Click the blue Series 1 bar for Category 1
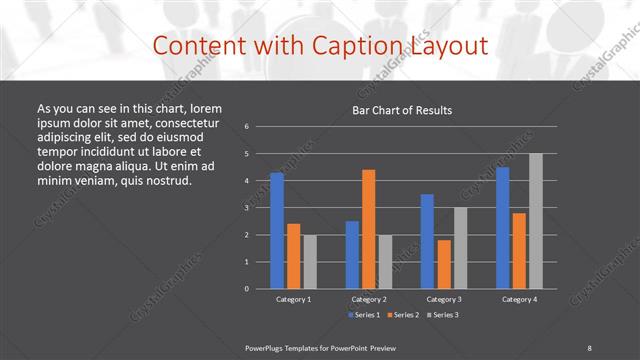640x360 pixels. pos(277,231)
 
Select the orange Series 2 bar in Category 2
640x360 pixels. pos(368,229)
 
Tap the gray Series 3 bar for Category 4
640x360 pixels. pos(535,221)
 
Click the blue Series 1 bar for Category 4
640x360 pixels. pos(502,228)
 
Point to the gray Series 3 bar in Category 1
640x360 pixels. pos(309,262)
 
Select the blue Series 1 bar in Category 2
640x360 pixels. pos(352,255)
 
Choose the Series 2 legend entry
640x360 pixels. pos(403,314)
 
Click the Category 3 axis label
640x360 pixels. pos(444,299)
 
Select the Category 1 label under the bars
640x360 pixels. pos(293,299)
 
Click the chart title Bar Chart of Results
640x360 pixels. pos(402,110)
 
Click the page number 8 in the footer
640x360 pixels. pos(589,347)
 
